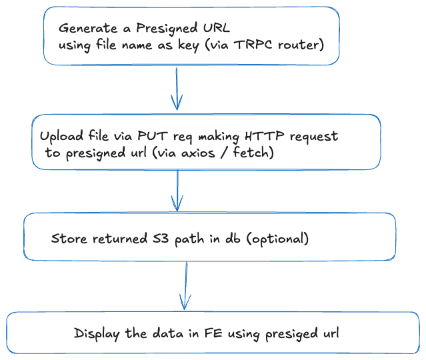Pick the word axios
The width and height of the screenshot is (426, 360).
pos(207,153)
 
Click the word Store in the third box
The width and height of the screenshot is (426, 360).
pos(67,238)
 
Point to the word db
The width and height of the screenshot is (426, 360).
pos(231,238)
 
